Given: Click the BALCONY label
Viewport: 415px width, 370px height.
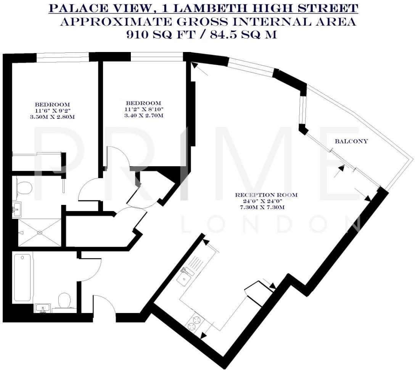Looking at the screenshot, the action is (x=351, y=141).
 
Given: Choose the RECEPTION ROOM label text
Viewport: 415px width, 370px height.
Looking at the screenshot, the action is (x=266, y=195).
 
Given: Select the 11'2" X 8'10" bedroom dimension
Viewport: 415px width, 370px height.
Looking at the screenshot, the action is (x=143, y=109).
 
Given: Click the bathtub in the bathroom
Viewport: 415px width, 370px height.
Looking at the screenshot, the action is (x=22, y=278).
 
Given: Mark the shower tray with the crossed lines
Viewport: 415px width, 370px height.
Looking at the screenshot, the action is (x=40, y=232).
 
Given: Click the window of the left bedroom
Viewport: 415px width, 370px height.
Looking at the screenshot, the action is (x=63, y=57).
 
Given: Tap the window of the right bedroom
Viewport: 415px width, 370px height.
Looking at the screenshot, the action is (x=156, y=57).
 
